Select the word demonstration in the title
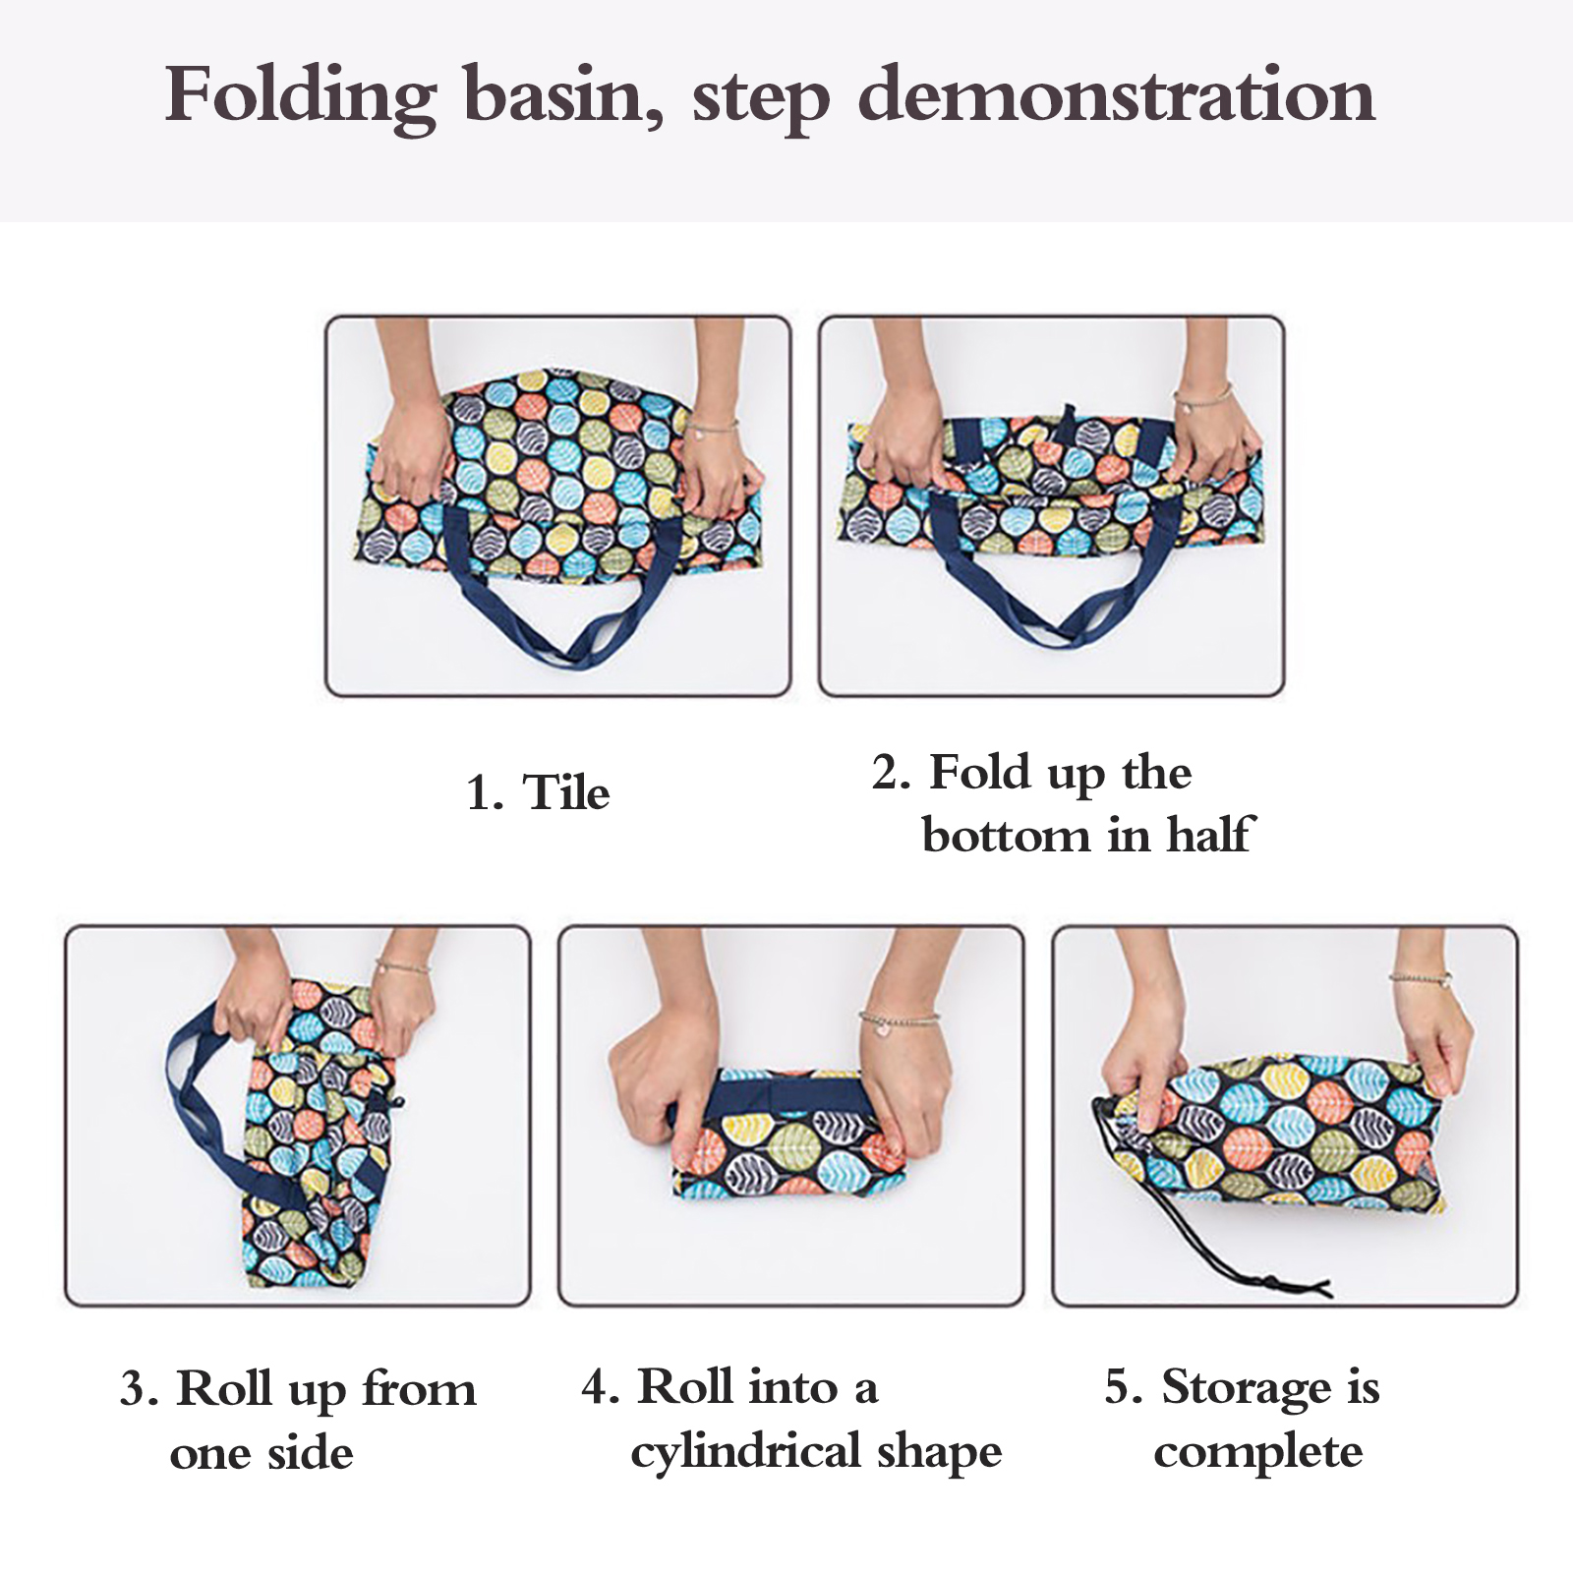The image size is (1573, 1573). point(1117,95)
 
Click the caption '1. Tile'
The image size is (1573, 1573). point(538,792)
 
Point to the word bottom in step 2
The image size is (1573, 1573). point(1005,836)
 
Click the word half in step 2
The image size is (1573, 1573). point(1211,835)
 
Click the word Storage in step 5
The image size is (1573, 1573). point(1247,1390)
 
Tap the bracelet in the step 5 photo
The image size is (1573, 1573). point(1421,978)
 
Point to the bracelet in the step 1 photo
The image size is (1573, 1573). point(714,428)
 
